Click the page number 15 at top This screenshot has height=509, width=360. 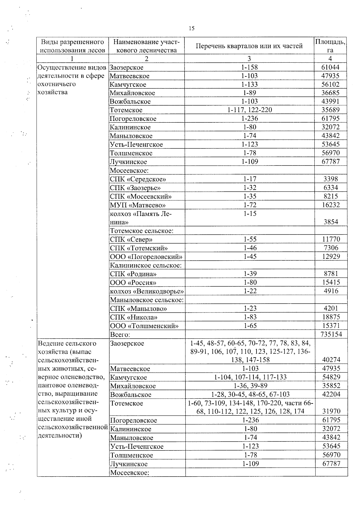[x=191, y=28]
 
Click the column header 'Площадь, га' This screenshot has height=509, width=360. [x=330, y=46]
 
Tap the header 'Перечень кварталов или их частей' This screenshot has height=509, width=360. [x=249, y=46]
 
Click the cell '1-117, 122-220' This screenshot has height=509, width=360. [x=250, y=110]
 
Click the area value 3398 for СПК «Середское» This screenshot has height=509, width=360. [x=331, y=179]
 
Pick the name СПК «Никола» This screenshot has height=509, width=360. [x=134, y=317]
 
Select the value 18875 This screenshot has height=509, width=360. [x=331, y=317]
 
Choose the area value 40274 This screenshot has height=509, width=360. [x=331, y=360]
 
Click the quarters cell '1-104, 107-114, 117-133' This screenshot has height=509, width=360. [x=250, y=377]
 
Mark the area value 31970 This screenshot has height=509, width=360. [x=331, y=411]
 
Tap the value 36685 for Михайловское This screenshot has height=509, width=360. [x=331, y=93]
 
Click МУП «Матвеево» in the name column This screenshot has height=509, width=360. [x=138, y=205]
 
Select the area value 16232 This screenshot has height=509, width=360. [x=331, y=205]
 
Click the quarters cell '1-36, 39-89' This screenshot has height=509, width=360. [x=250, y=386]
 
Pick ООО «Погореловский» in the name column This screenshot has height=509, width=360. [x=146, y=257]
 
